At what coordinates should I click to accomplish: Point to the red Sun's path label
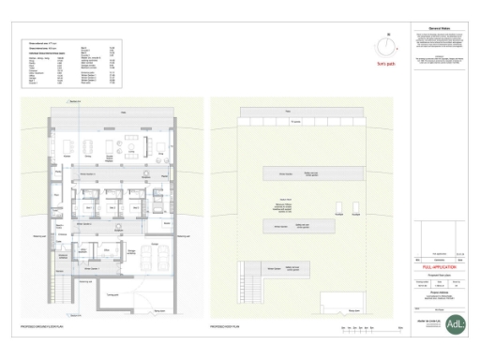pos(383,66)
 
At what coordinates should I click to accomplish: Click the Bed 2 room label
pos(112,207)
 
